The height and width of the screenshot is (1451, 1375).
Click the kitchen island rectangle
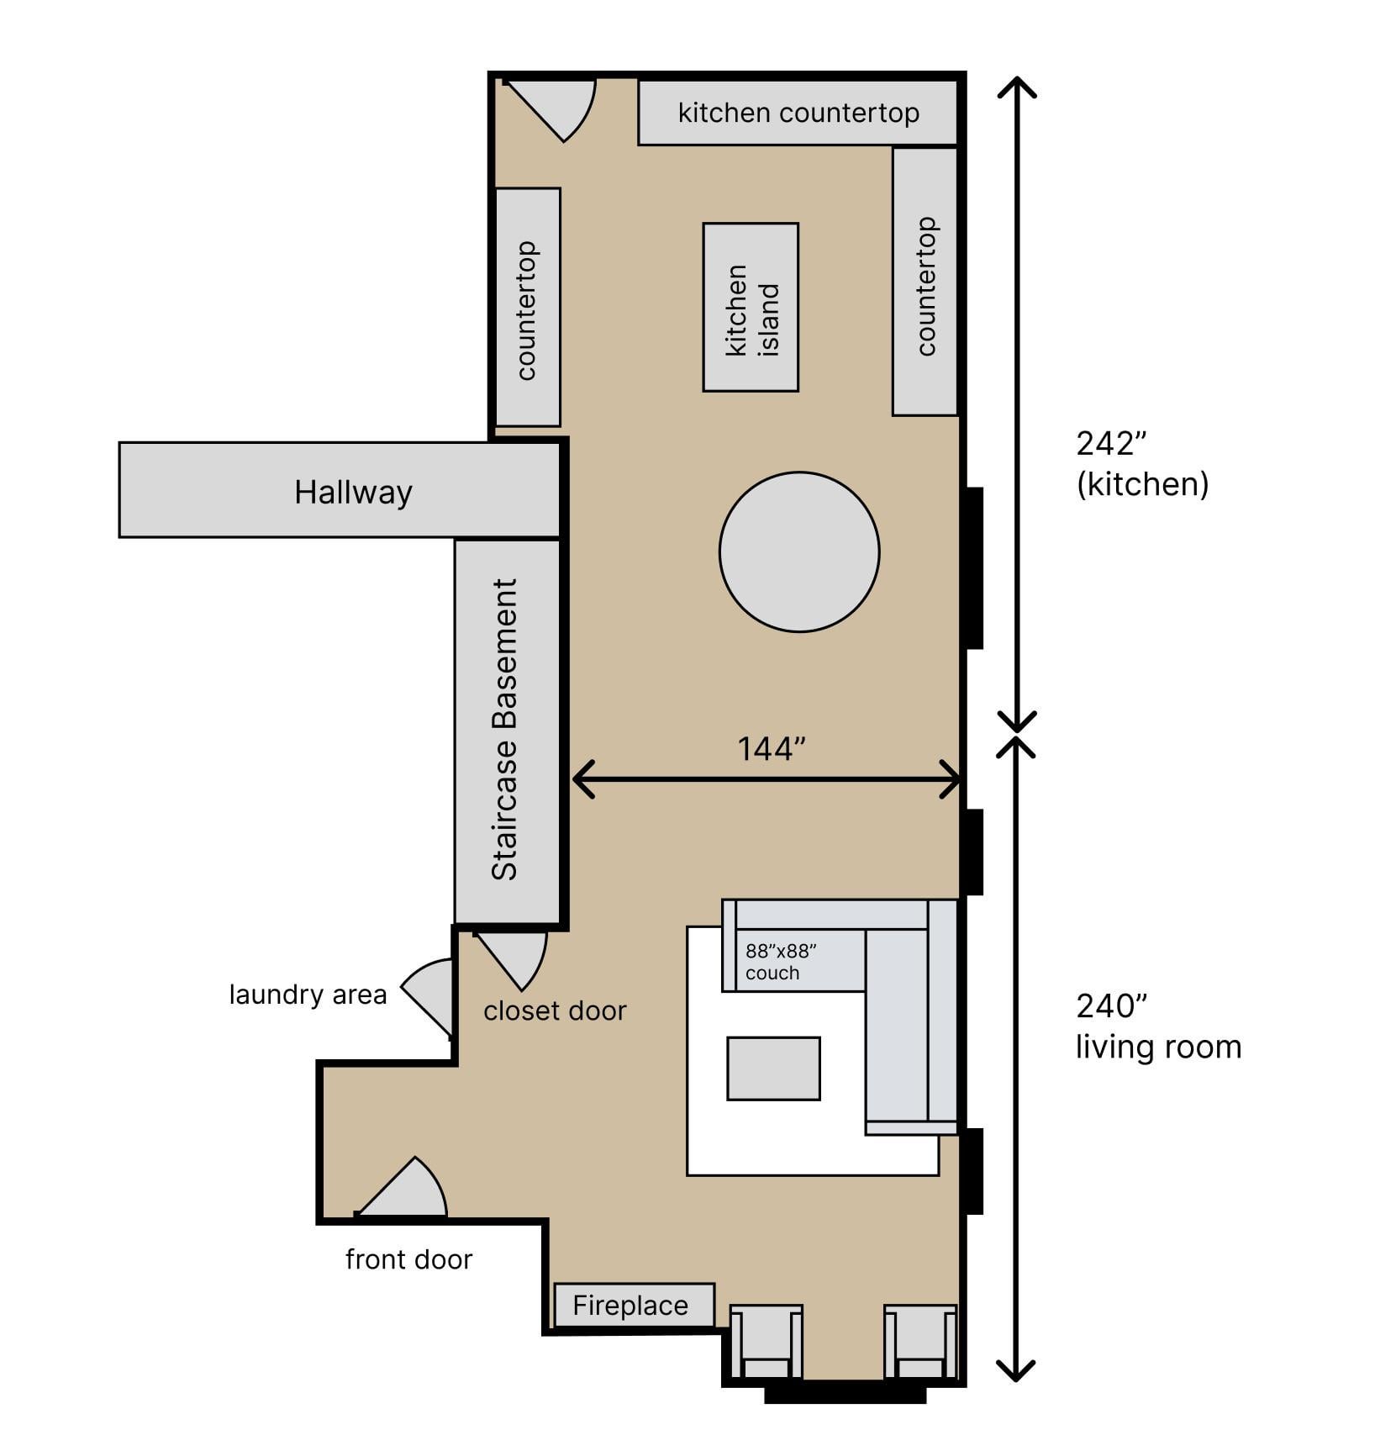(751, 307)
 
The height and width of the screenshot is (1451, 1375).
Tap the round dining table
(799, 551)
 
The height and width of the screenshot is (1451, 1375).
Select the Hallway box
(340, 489)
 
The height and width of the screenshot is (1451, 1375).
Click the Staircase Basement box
(507, 731)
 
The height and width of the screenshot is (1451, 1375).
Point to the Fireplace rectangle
(635, 1305)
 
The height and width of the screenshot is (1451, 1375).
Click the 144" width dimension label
(772, 748)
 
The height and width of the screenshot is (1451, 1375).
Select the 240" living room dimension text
(1158, 1026)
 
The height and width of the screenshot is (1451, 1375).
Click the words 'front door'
(408, 1258)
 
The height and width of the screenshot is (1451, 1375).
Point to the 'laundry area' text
(308, 995)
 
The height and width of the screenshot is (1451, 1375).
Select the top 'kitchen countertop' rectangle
(798, 113)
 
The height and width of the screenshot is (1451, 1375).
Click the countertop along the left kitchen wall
(528, 307)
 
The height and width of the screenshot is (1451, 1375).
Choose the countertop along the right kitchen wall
(925, 282)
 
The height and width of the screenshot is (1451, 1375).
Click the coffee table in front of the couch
(773, 1068)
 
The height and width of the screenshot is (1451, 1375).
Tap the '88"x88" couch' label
(781, 962)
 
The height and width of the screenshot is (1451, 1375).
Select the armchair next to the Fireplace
(766, 1343)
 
